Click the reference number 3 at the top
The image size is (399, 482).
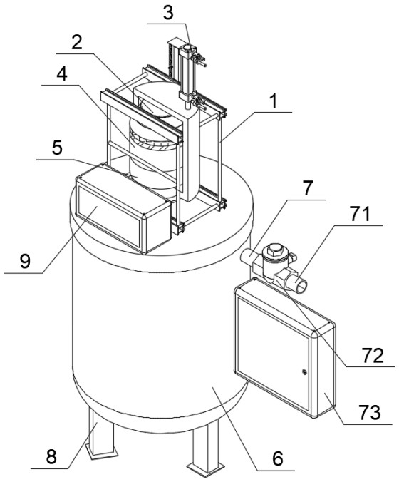pos(168,13)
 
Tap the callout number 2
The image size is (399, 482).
pos(77,43)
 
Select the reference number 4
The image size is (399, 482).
pos(62,73)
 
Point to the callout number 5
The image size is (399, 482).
pos(57,148)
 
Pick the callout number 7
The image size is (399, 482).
pos(308,188)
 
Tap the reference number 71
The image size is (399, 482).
pos(361,214)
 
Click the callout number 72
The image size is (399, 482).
pos(373,356)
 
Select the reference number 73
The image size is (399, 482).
pos(370,412)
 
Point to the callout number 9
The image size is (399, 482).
pos(26,261)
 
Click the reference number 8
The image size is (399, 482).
pos(51,456)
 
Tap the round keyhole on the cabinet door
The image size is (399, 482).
pos(304,372)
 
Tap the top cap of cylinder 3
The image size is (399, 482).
pos(187,48)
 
